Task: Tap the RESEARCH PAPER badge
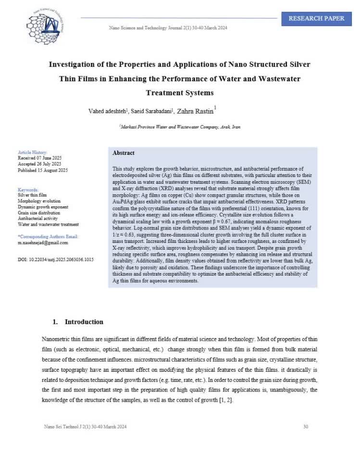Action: (x=316, y=19)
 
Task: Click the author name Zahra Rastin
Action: (x=198, y=111)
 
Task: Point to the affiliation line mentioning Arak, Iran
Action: (x=179, y=127)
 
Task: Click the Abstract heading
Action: (x=124, y=153)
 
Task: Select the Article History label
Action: (x=33, y=152)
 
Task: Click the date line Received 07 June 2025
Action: (x=40, y=158)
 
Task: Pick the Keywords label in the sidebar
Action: (x=28, y=190)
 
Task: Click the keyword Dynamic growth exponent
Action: (x=43, y=207)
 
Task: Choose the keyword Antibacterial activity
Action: (x=39, y=218)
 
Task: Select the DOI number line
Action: (x=56, y=260)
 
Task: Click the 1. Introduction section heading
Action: (x=78, y=322)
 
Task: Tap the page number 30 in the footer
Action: (x=306, y=427)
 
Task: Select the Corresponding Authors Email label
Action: (x=48, y=237)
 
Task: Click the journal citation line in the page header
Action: (x=168, y=27)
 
